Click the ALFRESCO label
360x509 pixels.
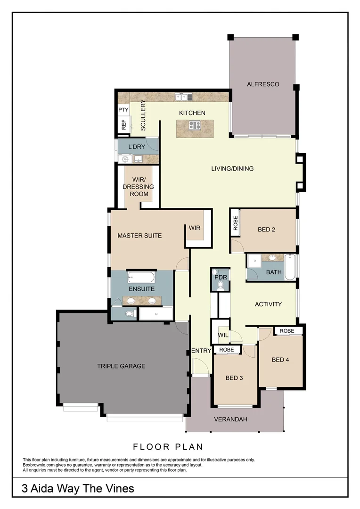coord(263,84)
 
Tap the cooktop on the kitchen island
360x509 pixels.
coord(195,125)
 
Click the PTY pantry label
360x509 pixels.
coord(123,110)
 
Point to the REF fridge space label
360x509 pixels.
coord(124,125)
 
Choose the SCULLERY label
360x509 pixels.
coord(143,115)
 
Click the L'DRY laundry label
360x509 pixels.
coord(137,147)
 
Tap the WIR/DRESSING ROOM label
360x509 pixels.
coord(138,187)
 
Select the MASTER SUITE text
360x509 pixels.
coord(139,236)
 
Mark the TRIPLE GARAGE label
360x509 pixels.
coord(121,366)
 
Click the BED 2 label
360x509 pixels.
coord(266,230)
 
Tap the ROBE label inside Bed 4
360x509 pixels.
coord(286,331)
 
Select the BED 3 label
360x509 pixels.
coord(234,378)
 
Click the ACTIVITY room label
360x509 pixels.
coord(268,304)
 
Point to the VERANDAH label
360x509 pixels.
coord(230,419)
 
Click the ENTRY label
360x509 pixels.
coord(201,351)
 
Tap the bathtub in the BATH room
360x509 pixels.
coord(290,267)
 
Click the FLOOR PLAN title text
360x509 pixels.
coord(168,446)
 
